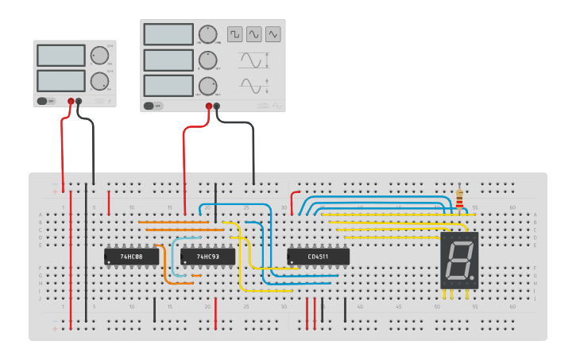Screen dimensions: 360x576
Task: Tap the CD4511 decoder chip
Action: (x=318, y=257)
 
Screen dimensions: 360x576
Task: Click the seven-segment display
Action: (x=459, y=261)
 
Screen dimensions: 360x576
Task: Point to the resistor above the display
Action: (x=458, y=199)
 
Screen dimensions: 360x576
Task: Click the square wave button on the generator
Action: (x=234, y=34)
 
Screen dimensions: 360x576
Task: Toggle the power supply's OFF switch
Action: (x=44, y=101)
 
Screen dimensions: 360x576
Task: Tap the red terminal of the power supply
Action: (x=71, y=101)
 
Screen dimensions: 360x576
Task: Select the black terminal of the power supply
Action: (x=79, y=101)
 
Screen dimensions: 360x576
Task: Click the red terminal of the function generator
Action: (x=209, y=106)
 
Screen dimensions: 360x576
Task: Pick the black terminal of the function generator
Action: (x=217, y=106)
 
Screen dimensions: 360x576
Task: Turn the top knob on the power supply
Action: (x=99, y=55)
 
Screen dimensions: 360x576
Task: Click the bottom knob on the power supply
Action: (x=99, y=80)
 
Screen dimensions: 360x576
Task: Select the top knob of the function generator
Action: (x=207, y=34)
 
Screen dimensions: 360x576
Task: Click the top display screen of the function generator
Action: (x=168, y=34)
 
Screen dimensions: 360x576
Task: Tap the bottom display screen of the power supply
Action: (x=60, y=80)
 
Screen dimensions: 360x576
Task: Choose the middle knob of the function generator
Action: (x=207, y=60)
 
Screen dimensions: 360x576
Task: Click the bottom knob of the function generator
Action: (x=207, y=86)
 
